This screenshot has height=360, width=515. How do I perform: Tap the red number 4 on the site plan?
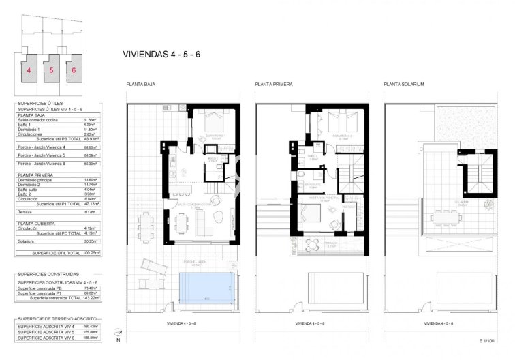29,69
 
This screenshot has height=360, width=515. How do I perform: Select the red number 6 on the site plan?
73,69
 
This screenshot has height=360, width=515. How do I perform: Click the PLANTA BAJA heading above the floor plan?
140,85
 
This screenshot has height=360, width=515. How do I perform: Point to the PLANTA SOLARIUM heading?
404,85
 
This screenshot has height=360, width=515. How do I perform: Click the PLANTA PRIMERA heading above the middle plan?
274,85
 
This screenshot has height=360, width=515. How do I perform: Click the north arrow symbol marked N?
117,335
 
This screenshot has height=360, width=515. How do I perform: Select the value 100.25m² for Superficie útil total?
91,252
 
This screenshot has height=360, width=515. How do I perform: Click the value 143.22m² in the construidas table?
91,298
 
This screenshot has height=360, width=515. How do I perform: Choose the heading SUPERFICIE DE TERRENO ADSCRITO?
57,319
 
